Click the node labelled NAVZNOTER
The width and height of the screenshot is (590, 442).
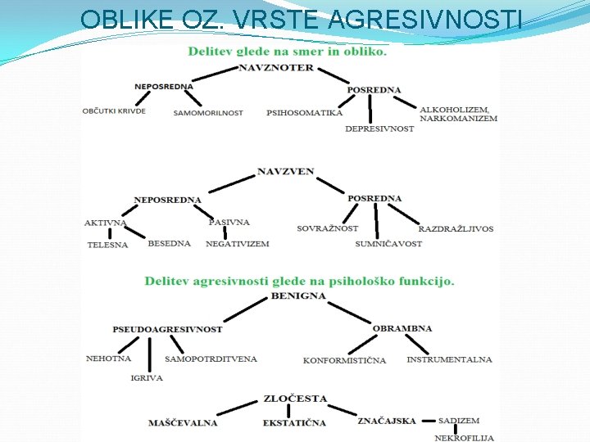[x=276, y=68]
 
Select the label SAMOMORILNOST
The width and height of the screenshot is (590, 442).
[x=208, y=113]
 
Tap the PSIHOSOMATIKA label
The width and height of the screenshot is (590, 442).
[x=304, y=113]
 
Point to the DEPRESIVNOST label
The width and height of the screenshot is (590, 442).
[x=379, y=129]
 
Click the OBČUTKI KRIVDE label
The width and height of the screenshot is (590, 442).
[x=114, y=110]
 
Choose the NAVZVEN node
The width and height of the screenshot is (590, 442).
[x=285, y=172]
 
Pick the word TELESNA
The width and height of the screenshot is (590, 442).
[x=107, y=245]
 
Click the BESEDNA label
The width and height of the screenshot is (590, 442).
[x=169, y=243]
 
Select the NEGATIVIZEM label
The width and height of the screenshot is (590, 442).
[x=237, y=244]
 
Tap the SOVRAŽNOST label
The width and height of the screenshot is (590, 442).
[x=327, y=228]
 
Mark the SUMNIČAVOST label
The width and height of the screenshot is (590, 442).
[x=388, y=244]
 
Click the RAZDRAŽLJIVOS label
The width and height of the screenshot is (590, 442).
[x=456, y=228]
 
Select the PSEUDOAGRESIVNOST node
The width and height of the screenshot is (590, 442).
[x=167, y=329]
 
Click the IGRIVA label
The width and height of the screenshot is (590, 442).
[x=147, y=378]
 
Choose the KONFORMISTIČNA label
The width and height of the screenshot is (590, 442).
[x=344, y=360]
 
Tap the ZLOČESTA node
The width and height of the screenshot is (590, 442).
[x=295, y=399]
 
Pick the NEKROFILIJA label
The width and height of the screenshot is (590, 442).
[x=464, y=438]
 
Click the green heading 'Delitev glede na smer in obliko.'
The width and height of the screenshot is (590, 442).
[x=287, y=51]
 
